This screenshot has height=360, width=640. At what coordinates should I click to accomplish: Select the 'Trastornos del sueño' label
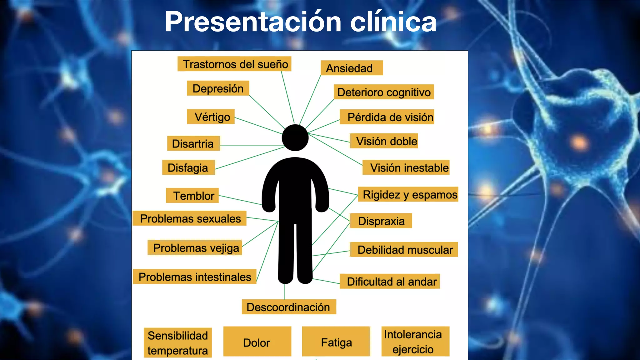click(234, 64)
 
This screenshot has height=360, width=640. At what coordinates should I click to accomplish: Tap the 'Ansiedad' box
click(352, 68)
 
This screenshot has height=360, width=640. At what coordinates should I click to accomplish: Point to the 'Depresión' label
click(218, 88)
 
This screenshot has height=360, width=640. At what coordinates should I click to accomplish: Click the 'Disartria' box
click(193, 143)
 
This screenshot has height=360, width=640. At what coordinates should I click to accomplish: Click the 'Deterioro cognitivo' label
click(384, 92)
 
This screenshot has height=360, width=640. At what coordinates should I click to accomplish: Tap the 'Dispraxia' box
click(381, 221)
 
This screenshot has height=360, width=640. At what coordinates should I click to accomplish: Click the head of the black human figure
click(295, 138)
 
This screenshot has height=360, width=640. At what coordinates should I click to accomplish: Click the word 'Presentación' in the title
click(253, 22)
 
